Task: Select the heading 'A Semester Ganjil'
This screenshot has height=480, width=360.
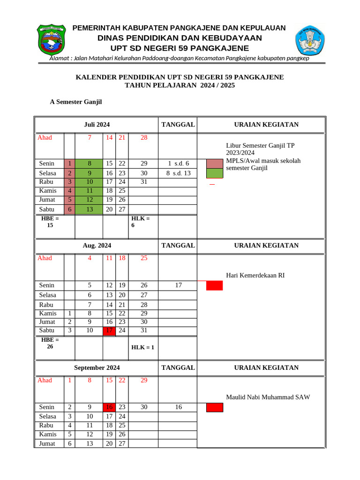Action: point(76,102)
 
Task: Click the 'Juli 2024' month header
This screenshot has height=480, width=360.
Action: point(97,124)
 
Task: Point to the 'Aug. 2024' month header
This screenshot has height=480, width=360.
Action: point(97,245)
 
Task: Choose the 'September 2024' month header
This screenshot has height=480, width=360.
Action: point(97,367)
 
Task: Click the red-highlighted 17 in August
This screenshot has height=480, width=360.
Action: point(109,330)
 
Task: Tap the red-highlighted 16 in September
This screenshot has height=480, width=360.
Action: point(109,407)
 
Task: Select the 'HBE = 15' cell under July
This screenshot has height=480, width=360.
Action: point(50,222)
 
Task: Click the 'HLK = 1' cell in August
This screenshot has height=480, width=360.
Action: point(143,347)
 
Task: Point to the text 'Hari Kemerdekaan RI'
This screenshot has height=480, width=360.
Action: point(255,276)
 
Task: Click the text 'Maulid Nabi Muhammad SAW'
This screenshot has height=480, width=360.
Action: point(268,397)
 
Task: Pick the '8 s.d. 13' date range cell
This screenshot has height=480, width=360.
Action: point(178,173)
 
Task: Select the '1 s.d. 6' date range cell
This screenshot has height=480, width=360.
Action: point(178,164)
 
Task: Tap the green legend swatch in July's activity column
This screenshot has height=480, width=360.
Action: point(215,173)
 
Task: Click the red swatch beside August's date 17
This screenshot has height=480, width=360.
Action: point(215,285)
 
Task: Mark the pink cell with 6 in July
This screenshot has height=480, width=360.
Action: point(69,209)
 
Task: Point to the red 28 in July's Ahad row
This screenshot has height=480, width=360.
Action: point(144,137)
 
